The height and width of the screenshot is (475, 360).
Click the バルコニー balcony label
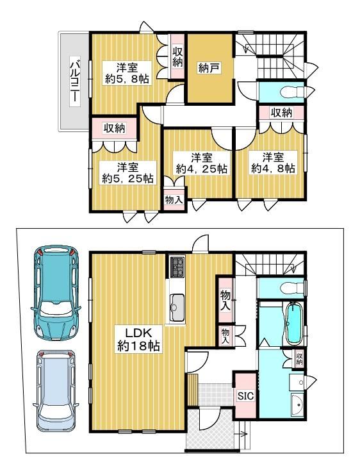coord(75,81)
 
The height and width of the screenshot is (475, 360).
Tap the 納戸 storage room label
coord(209,68)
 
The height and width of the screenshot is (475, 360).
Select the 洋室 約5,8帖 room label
coord(127,73)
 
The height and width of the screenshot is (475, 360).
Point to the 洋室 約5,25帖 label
coord(127,172)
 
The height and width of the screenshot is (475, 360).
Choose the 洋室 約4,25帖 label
coord(202,163)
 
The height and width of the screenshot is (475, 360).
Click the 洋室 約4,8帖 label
coord(273,163)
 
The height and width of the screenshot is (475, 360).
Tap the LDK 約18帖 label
coord(138,339)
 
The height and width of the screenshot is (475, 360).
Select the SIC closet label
coord(245,396)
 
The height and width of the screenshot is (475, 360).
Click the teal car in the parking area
coord(56,292)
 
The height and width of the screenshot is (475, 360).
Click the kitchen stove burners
coord(177,267)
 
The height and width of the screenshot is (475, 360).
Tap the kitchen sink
coord(177,308)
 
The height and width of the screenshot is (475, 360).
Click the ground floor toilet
coord(293,287)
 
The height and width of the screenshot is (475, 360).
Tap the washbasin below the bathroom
coord(297,405)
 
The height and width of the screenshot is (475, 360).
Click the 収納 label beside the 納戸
coord(177,56)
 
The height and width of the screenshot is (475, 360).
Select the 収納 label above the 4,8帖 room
coord(282,113)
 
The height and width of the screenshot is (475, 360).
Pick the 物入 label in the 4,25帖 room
coord(174,199)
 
